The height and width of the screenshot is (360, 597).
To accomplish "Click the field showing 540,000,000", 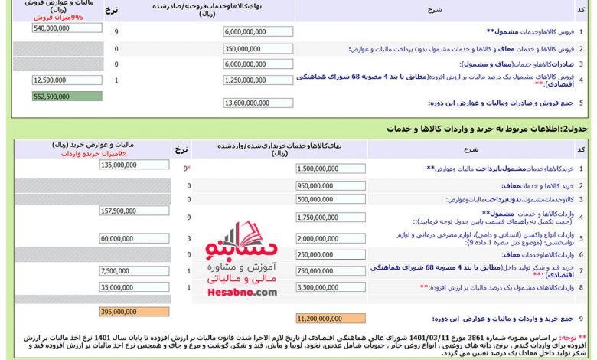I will coord(67,28).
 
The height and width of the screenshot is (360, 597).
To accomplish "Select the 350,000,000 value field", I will coord(259,48).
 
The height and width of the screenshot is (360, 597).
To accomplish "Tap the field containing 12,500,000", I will coord(67,80).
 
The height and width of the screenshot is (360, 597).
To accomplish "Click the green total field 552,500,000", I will coord(67,97).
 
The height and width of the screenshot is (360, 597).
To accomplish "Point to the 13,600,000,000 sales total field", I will coord(259,103).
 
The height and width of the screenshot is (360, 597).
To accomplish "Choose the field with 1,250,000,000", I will coord(259,80).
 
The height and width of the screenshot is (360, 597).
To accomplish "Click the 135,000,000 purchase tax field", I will coord(134,165).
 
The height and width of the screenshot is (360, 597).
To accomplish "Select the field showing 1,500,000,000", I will coord(330,168).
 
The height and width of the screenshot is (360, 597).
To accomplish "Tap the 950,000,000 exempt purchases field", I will coord(330,185).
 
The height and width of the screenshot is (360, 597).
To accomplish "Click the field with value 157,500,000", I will coord(134,211).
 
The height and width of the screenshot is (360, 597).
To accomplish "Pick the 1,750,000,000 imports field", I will coord(330,218).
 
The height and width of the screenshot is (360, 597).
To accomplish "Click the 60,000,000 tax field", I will coord(134,238).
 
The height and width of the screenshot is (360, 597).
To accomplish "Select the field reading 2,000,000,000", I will coord(330,238).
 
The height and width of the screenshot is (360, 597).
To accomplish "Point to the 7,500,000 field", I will coord(134,270).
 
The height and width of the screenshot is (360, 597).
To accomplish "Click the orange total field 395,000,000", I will coord(134,312).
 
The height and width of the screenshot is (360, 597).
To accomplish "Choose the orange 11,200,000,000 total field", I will coord(330,318).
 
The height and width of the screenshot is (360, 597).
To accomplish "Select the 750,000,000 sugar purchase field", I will coord(330,270).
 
